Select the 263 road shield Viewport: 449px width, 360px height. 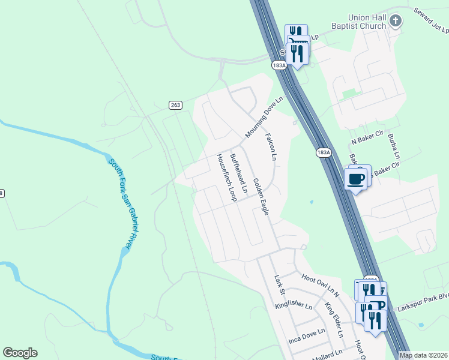[175, 105]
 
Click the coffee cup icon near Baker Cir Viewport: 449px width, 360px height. [356, 178]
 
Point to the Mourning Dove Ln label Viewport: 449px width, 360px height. [264, 117]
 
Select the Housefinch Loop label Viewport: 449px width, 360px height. [225, 176]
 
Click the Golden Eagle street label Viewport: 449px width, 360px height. [260, 196]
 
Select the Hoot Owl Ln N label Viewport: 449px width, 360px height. [321, 284]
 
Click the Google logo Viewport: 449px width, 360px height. [20, 353]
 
